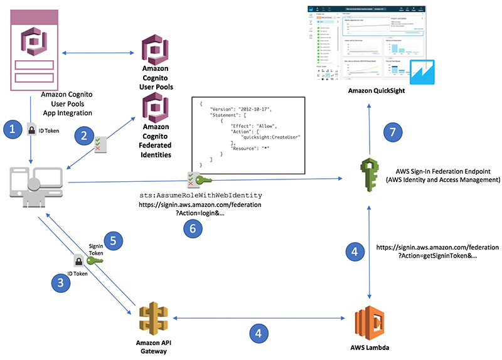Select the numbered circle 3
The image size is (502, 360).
60,282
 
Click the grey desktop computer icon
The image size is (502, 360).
36,184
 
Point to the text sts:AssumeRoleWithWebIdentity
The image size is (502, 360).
200,196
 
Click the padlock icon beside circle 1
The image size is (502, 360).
30,130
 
